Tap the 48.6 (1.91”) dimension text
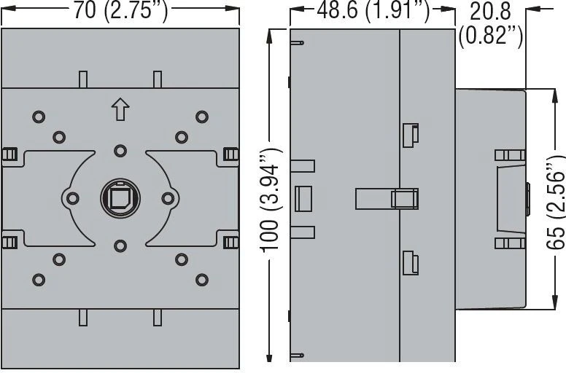tap(373, 10)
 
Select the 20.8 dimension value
tap(490, 11)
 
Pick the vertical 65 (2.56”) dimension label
tap(555, 203)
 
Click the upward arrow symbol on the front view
tap(120, 109)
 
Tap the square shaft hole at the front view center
tap(120, 198)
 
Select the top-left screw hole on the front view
tap(39, 117)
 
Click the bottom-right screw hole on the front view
tap(202, 280)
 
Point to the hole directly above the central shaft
tap(120, 151)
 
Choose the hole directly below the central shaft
tap(120, 246)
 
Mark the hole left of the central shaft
tap(72, 198)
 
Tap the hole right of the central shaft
tap(168, 198)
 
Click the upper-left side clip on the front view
tap(9, 154)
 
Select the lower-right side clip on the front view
tap(230, 242)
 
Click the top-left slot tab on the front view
tap(83, 79)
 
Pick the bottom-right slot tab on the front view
tap(158, 318)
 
